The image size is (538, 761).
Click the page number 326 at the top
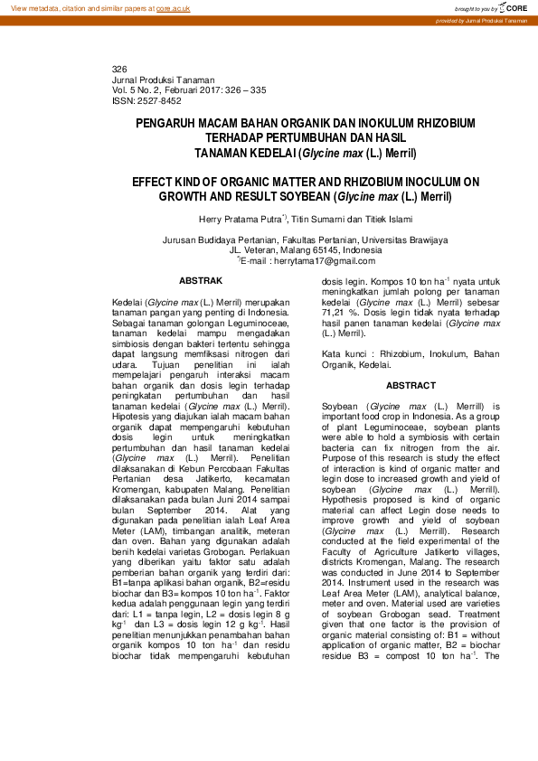pos(119,70)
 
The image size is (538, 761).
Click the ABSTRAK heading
pos(200,281)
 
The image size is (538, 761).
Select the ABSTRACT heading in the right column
pos(411,385)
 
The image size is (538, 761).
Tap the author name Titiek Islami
pos(387,220)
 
